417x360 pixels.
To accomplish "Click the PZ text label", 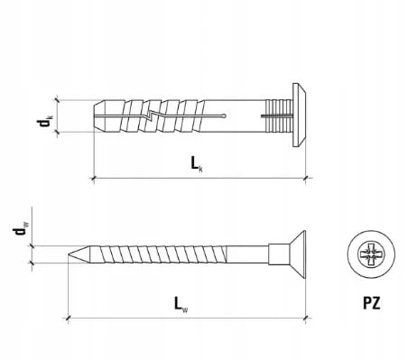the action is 371,303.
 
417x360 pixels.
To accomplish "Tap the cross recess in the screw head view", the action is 371,254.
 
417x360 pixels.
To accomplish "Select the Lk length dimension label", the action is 197,164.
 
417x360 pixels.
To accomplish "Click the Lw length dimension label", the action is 181,304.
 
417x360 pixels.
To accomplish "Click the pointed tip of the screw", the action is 69,254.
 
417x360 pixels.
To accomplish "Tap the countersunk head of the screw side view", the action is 297,254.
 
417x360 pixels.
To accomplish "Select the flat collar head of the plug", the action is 300,115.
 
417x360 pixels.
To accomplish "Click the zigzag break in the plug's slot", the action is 150,115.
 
